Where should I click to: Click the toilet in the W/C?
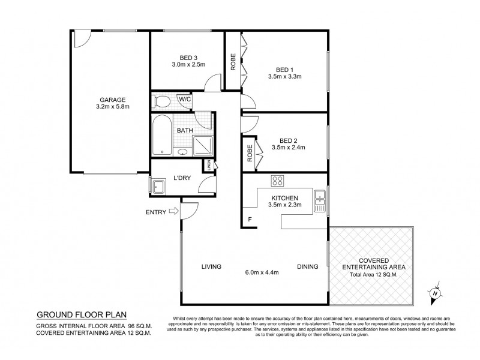click(x=161, y=100)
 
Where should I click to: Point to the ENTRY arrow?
click(x=173, y=211)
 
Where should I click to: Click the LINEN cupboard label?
click(x=209, y=164)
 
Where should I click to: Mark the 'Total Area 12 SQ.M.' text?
click(x=374, y=274)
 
